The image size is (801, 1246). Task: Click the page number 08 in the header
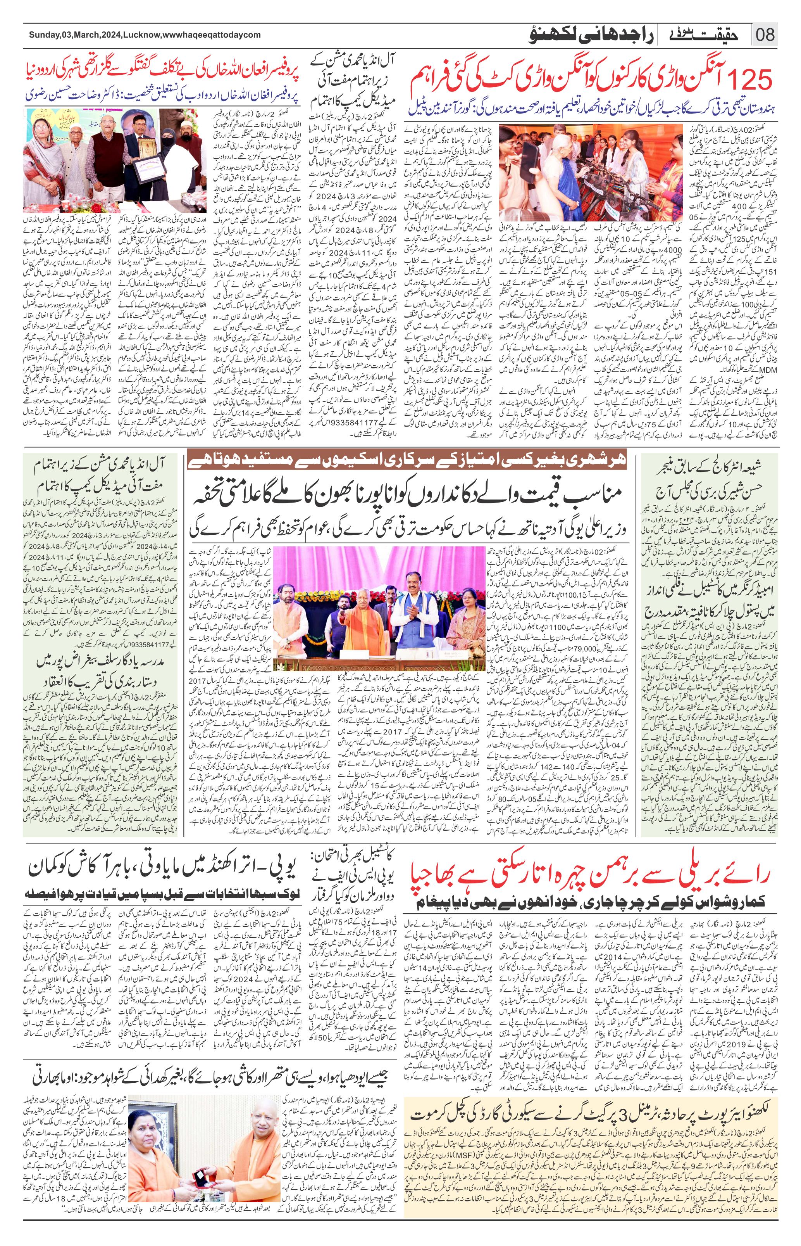pos(764,35)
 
